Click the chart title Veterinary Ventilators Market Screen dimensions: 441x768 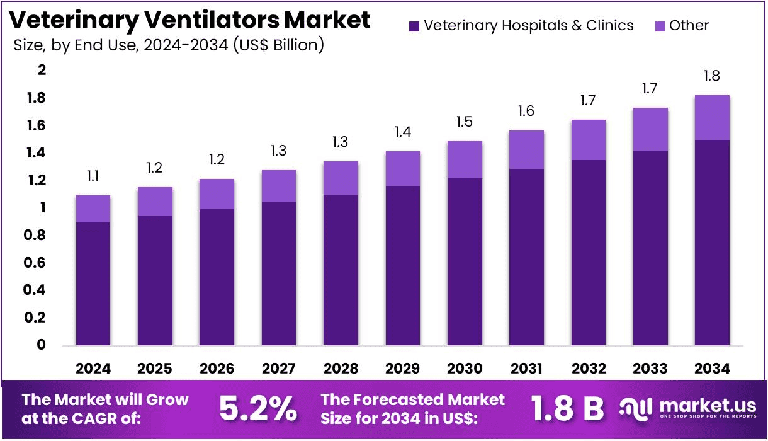tap(190, 20)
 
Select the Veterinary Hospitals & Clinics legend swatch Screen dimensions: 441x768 tap(414, 26)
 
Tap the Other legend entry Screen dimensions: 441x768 tap(682, 26)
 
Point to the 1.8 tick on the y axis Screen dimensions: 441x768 tap(37, 98)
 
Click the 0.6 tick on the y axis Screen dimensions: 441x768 tap(37, 262)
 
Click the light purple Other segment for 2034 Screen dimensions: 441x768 tap(712, 118)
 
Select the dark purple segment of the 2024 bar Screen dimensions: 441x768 tap(93, 283)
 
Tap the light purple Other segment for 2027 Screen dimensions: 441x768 tap(279, 186)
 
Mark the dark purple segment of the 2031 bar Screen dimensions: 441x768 tap(526, 257)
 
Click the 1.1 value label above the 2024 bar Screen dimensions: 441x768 tap(93, 176)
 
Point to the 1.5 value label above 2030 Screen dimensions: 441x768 tap(465, 122)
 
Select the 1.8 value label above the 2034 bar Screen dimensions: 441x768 tap(712, 76)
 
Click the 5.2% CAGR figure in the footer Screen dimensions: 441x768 tap(258, 409)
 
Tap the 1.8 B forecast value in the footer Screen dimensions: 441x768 tap(567, 409)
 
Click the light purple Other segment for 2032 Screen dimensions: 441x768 tap(588, 140)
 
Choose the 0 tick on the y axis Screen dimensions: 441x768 tap(42, 345)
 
